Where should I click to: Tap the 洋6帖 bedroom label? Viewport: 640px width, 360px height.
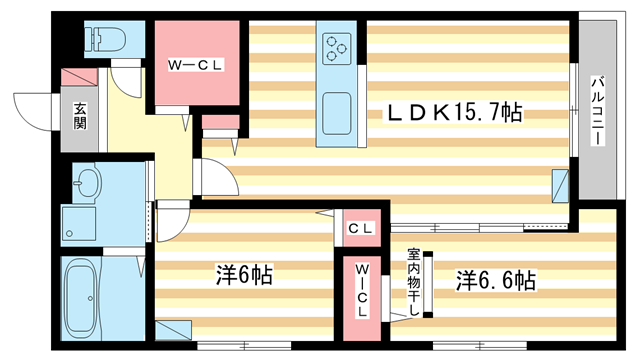243,274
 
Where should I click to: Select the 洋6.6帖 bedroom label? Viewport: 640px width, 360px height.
497,279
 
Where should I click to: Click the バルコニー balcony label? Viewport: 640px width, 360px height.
596,110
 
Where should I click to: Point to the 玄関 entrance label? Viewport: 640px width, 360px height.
79,118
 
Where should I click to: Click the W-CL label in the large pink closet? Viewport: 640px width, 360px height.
196,66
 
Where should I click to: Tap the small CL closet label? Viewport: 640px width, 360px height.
361,231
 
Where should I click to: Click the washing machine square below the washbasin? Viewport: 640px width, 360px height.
80,223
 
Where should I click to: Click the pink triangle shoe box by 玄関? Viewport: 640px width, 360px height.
77,77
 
